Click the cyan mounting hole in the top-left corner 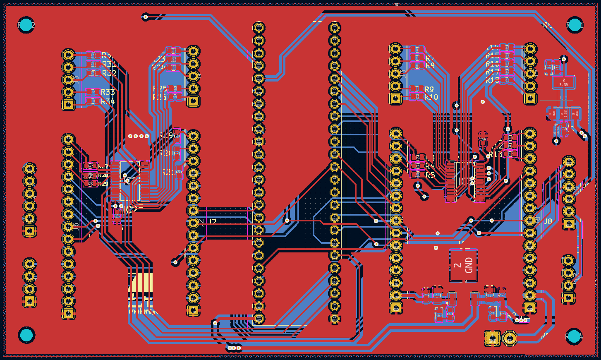tap(26, 25)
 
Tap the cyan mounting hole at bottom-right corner tap(574, 336)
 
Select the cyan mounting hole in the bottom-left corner tap(26, 335)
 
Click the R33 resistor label tap(108, 92)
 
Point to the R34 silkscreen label tap(108, 101)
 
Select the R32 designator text tap(109, 73)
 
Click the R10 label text tap(431, 97)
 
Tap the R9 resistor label tap(429, 89)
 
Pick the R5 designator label tap(430, 175)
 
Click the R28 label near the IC tap(103, 175)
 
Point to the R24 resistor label tap(159, 67)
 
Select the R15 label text tap(492, 55)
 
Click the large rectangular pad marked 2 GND tap(463, 265)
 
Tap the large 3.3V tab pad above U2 tap(563, 82)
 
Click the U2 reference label tap(564, 98)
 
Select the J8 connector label tap(548, 221)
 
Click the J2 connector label tap(212, 222)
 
